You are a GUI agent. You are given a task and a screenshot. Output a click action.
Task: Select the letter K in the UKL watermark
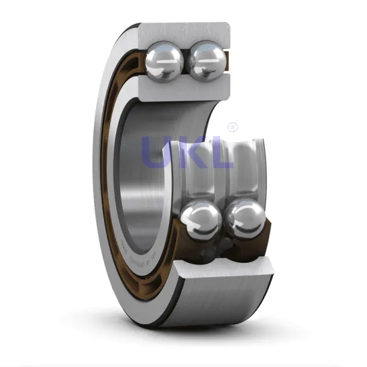[191, 152]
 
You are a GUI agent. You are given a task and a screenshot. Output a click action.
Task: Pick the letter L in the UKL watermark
[222, 152]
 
